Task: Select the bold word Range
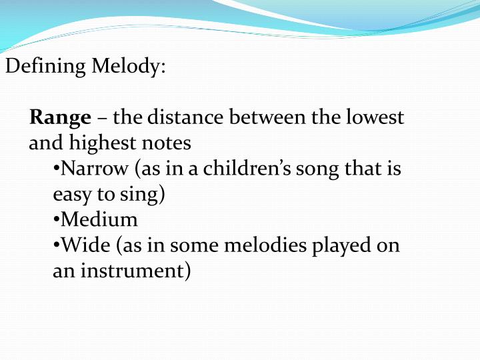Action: click(60, 119)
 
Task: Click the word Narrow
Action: click(87, 169)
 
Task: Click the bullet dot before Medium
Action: click(56, 221)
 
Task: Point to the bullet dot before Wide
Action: click(56, 247)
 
